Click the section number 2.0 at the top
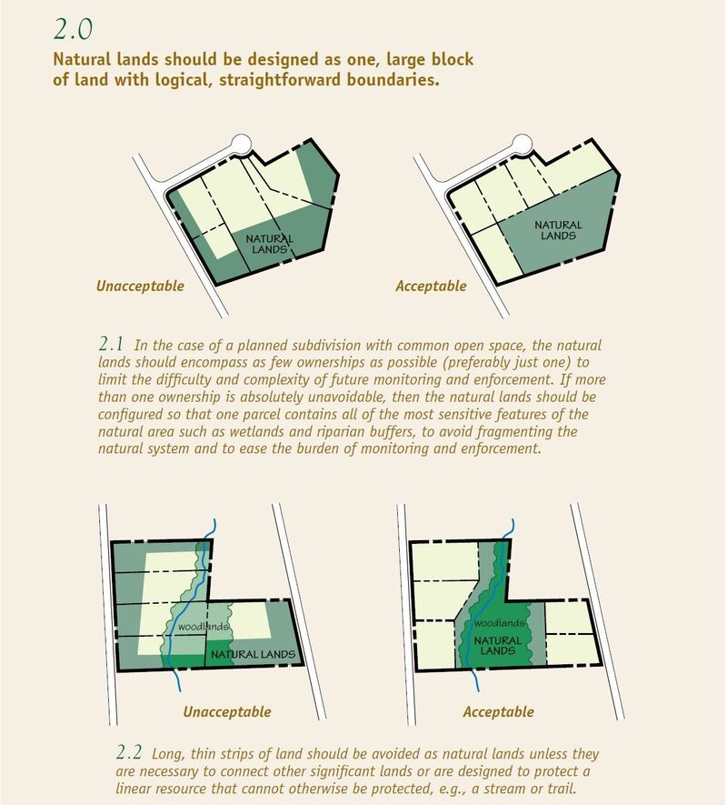(73, 30)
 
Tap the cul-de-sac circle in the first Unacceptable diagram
(242, 145)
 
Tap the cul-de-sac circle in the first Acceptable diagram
(523, 145)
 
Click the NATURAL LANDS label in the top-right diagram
(558, 230)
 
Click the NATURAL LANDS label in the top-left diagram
(269, 245)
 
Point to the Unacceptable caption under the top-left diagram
(140, 286)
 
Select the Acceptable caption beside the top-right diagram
(431, 287)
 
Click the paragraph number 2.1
(111, 343)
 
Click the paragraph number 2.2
(129, 752)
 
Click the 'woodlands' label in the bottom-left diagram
(204, 627)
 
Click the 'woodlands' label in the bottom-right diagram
(499, 623)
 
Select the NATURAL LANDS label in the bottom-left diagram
(253, 655)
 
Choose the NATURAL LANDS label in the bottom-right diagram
(497, 646)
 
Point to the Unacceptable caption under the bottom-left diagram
(227, 712)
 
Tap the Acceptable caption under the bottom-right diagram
(498, 712)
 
